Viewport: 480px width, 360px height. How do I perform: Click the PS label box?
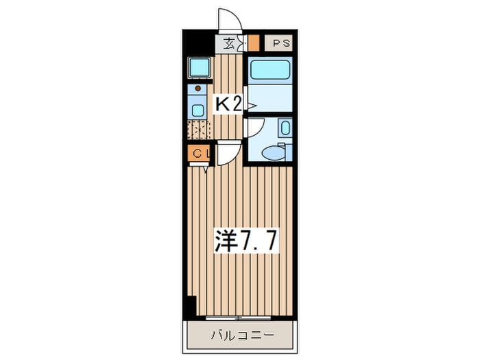click(x=282, y=44)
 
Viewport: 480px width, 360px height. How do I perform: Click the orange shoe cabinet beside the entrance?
click(x=254, y=43)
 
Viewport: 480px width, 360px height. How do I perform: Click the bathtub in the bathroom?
click(x=270, y=71)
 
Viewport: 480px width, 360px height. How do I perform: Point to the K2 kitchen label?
click(x=228, y=104)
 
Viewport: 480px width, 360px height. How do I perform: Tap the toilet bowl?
click(x=275, y=153)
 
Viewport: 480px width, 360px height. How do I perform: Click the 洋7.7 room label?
click(x=237, y=241)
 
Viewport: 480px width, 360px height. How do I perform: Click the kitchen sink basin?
click(x=197, y=109)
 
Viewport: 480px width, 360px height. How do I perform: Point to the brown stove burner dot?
click(x=197, y=88)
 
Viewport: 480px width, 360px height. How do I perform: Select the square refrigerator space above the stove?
click(x=199, y=67)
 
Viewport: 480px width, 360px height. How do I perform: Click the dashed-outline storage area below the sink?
click(x=199, y=129)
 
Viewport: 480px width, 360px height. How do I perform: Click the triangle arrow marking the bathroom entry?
click(x=252, y=106)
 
